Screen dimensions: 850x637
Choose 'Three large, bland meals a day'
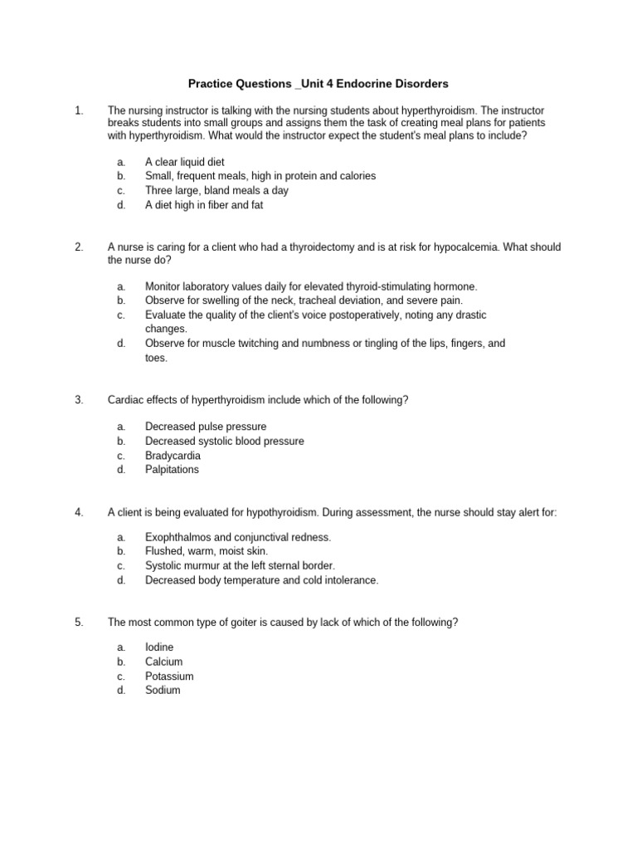tap(216, 190)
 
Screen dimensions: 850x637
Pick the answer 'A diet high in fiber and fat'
tap(204, 204)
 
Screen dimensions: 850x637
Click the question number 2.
tap(79, 247)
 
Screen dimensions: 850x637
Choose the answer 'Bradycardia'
tap(173, 456)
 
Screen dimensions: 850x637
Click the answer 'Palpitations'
tap(172, 469)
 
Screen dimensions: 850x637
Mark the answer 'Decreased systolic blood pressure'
tap(224, 441)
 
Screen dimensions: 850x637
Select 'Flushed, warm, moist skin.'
tap(207, 551)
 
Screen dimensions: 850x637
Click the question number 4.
tap(79, 513)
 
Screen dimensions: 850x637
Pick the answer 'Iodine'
tap(159, 647)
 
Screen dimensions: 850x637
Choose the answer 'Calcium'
tap(163, 662)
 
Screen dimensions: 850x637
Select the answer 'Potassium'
tap(169, 677)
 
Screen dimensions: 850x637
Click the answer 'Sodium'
tap(163, 690)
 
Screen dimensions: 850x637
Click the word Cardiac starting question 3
tap(126, 400)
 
